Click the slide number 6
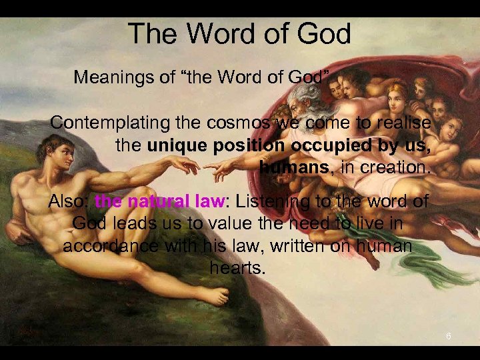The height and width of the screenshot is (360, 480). coord(449,336)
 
